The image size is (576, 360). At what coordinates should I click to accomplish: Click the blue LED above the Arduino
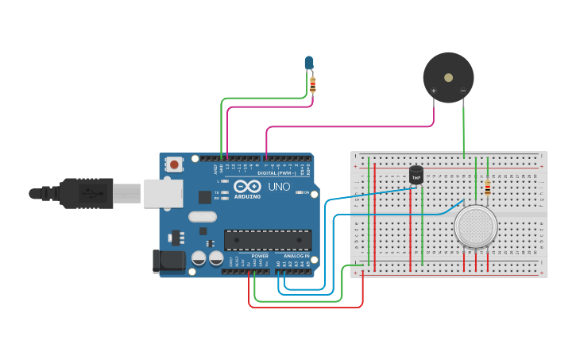309,62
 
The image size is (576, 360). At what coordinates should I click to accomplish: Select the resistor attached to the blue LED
312,84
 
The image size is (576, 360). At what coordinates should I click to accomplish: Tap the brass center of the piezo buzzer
448,78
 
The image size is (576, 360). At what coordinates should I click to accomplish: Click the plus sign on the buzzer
433,91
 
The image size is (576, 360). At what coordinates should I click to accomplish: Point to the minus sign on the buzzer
463,91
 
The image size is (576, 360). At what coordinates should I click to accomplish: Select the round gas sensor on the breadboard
475,226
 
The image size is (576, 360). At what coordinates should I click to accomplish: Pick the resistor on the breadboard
487,188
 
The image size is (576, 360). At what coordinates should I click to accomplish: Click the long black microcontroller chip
267,239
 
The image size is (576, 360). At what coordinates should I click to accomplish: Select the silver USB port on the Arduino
164,193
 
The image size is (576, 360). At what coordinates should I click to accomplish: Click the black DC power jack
168,261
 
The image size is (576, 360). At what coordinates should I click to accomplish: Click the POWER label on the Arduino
260,256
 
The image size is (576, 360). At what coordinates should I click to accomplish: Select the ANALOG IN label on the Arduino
296,256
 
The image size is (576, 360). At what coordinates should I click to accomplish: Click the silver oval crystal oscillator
202,216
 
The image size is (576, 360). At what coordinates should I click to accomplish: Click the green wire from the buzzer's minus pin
464,127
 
